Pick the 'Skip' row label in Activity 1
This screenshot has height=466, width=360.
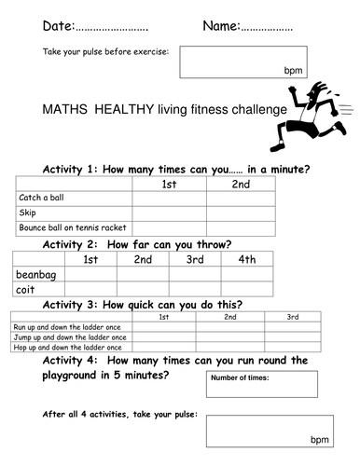tap(27, 212)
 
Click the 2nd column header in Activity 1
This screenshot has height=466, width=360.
tap(241, 184)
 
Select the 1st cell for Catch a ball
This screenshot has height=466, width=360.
tap(169, 198)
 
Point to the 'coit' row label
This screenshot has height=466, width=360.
tap(26, 290)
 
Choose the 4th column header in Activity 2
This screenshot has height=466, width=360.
tap(246, 259)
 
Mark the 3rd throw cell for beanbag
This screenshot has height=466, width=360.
tap(194, 274)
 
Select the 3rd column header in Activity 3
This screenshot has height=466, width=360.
tap(292, 317)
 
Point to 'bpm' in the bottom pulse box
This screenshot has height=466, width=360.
tap(320, 438)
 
